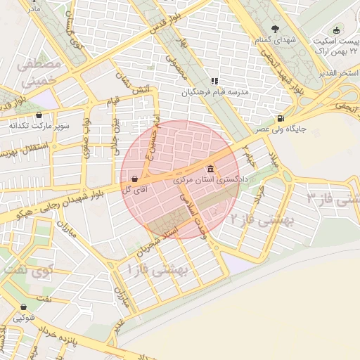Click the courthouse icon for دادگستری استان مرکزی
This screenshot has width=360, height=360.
[212, 169]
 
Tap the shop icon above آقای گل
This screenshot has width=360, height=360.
[134, 179]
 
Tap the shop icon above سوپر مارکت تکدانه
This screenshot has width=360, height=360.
[38, 115]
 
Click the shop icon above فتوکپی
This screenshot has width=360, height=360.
[24, 307]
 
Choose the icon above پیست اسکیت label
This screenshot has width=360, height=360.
[336, 30]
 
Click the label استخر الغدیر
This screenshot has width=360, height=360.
[340, 73]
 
